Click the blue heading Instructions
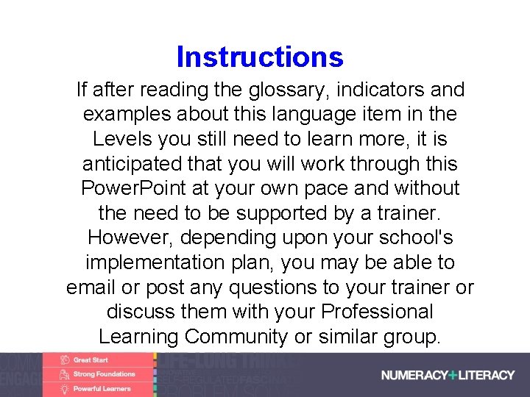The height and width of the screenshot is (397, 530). click(260, 57)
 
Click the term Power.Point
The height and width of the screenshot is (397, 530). click(133, 189)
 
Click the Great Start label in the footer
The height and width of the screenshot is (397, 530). click(91, 360)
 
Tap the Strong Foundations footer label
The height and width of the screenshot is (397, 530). click(104, 374)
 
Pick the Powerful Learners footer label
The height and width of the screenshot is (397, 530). click(102, 388)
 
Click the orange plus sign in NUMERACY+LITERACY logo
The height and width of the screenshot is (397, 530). click(453, 375)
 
